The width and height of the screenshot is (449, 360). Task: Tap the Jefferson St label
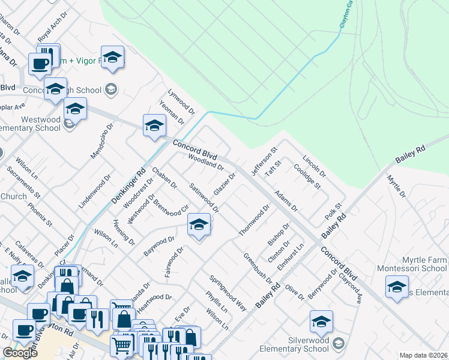(264, 161)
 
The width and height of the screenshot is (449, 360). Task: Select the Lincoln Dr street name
(314, 167)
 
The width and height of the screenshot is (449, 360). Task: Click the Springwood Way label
(228, 293)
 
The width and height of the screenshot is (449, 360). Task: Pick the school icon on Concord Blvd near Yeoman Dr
(154, 126)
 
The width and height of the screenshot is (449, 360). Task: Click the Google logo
(20, 353)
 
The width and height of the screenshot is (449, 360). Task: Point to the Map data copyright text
(423, 355)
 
